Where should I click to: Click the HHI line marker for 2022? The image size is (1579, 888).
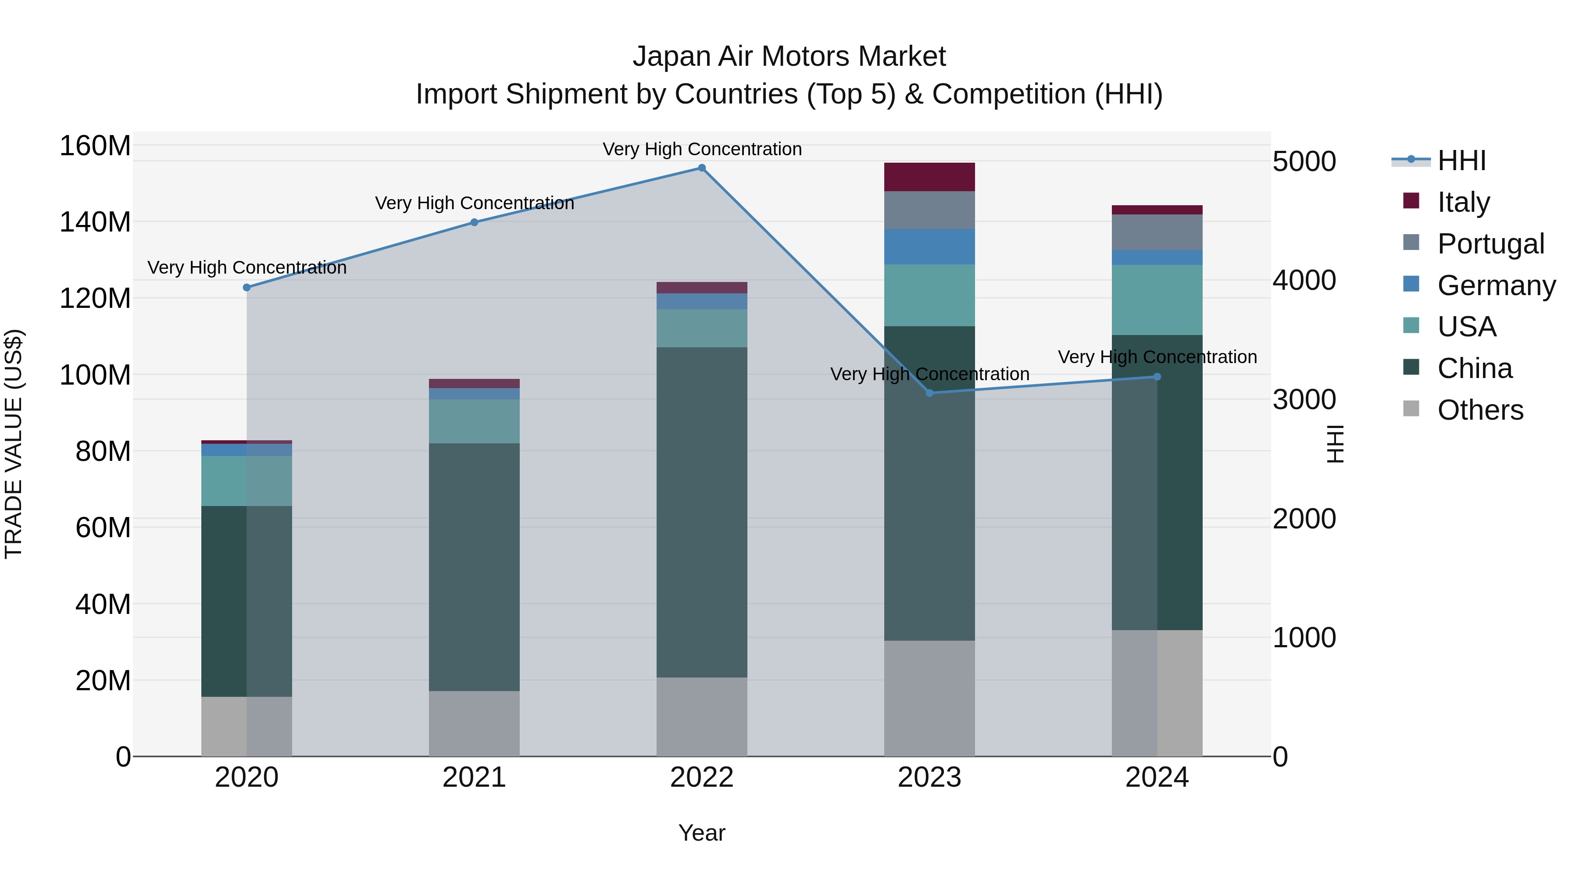[702, 168]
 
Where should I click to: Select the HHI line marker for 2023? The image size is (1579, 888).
[929, 393]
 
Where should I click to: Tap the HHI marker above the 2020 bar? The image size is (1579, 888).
[247, 287]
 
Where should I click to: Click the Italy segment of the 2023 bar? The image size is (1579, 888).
[929, 177]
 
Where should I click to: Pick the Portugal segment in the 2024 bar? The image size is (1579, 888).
[1157, 232]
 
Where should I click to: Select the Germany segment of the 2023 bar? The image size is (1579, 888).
[929, 247]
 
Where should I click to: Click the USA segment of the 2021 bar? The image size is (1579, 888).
[474, 421]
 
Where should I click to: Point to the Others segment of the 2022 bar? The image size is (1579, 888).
[702, 717]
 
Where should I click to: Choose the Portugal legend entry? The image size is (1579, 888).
[1490, 244]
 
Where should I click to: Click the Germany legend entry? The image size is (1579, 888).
[1496, 285]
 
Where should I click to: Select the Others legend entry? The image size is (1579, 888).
[1480, 410]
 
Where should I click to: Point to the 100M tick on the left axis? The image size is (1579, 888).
[95, 375]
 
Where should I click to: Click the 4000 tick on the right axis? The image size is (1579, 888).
[1304, 281]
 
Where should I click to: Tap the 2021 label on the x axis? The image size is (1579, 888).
[474, 777]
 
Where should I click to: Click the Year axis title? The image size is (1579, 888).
[702, 833]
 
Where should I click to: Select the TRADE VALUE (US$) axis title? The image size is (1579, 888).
[14, 444]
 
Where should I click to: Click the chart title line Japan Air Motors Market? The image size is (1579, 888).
[789, 57]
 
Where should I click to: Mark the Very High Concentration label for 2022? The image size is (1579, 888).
[702, 149]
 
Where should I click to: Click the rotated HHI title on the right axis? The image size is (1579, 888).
[1334, 444]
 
